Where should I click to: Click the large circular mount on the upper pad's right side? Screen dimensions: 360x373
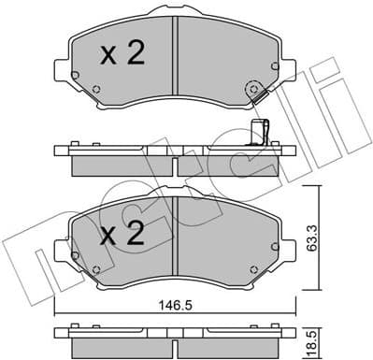click(251, 91)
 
